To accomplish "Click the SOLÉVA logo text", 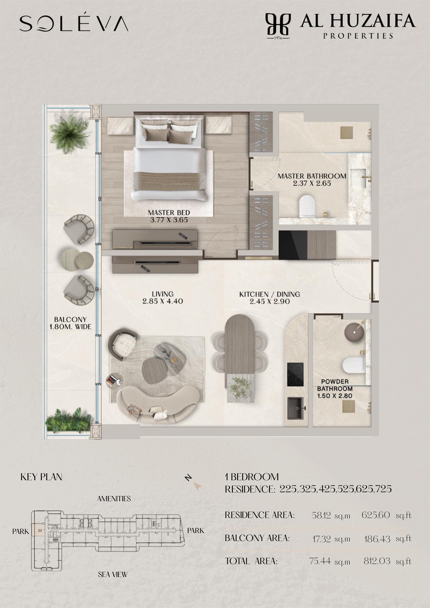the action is (74, 23).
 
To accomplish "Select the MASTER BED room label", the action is (169, 212).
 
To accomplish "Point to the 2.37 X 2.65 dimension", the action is (312, 183).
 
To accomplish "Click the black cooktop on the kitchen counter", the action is (295, 375).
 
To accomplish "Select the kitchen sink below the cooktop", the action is (295, 408).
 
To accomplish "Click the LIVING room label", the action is (163, 294).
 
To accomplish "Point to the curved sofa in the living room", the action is (160, 404).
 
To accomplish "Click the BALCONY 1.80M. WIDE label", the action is (70, 323).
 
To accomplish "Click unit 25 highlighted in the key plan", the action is (40, 530).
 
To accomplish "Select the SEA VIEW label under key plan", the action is (113, 574).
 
